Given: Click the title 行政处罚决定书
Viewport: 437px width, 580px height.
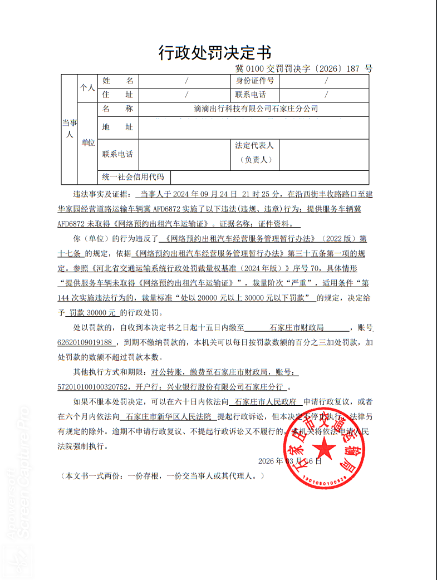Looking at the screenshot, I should tap(215, 53).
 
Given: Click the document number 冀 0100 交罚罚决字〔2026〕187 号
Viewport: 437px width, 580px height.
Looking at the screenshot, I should tap(303, 69).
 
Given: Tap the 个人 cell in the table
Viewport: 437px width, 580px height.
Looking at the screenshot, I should tap(87, 88).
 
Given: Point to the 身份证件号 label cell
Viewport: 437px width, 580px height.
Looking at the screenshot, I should tap(254, 81).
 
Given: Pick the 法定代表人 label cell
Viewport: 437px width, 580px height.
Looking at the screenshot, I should tap(254, 152).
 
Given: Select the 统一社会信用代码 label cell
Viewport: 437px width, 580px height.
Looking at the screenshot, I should tap(134, 178).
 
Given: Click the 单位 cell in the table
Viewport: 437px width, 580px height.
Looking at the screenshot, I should tap(88, 143).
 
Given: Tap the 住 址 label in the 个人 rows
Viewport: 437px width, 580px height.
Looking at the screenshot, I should tap(117, 95).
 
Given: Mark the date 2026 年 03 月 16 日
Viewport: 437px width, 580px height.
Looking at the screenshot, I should tap(290, 461).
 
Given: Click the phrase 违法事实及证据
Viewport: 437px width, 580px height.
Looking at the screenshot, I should tap(100, 195).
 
